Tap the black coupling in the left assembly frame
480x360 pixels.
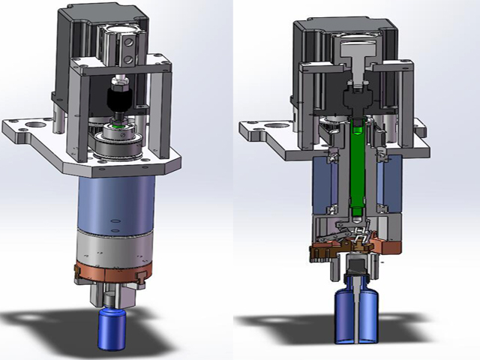tap(119, 97)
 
